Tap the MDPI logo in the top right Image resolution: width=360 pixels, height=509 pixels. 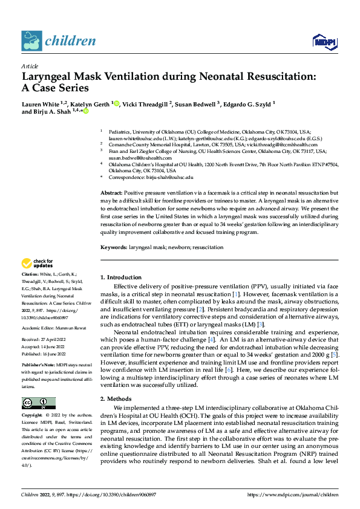click(321, 41)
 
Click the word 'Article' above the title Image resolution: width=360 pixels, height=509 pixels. click(29, 66)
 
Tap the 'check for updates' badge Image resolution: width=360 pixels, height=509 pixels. click(37, 263)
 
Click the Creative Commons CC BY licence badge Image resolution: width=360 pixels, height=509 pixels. click(38, 386)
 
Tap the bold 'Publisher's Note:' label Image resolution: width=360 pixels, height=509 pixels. click(38, 367)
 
